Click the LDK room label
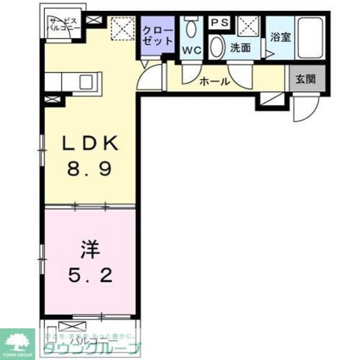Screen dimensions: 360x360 (x=93, y=145)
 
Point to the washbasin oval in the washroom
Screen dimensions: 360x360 (x=218, y=47)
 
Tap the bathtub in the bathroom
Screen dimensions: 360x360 (x=312, y=37)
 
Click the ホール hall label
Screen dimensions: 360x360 (x=214, y=81)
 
